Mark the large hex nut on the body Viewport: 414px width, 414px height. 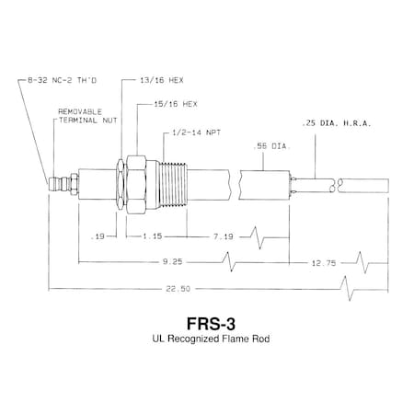click(134, 180)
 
